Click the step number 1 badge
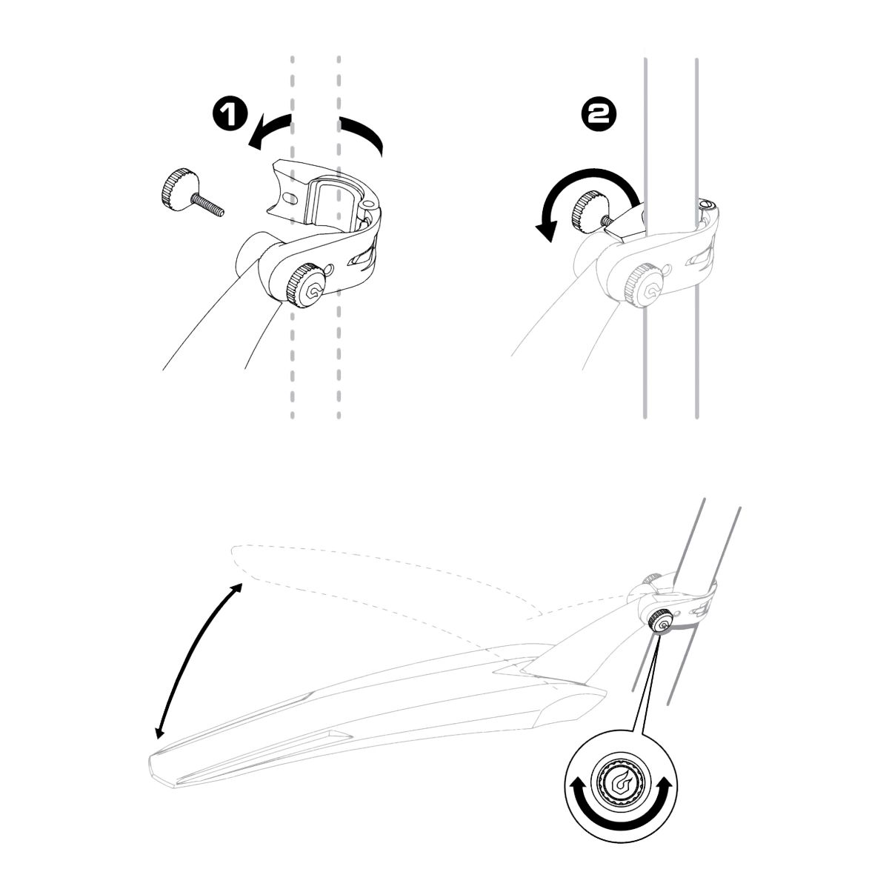pos(229,114)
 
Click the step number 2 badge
pos(599,114)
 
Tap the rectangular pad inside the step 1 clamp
pos(333,202)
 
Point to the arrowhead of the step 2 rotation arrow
pos(547,230)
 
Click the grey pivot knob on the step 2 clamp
pos(646,287)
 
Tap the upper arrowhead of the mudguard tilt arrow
pos(236,589)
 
